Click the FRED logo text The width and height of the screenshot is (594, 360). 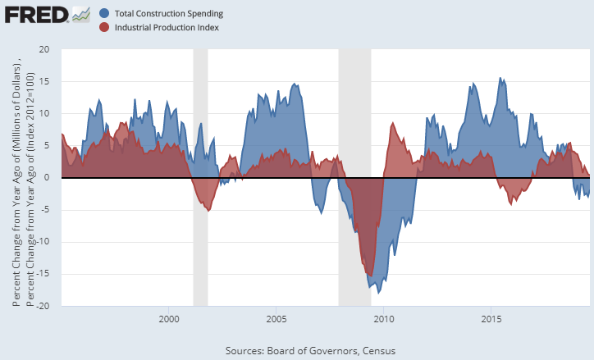click(x=37, y=15)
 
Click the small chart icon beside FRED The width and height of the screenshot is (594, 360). click(x=81, y=15)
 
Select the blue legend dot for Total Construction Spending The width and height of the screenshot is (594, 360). click(x=104, y=13)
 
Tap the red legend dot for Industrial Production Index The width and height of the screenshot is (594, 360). click(x=104, y=27)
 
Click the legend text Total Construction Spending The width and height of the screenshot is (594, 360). click(x=169, y=14)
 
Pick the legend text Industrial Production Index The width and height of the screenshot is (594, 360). click(x=167, y=27)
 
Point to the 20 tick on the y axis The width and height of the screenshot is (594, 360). click(x=44, y=49)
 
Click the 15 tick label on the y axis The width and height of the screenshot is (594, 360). click(x=44, y=81)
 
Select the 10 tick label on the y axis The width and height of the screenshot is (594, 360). click(x=44, y=113)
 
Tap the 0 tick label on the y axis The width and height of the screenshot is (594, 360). click(x=47, y=177)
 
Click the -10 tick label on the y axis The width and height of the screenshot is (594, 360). click(x=43, y=242)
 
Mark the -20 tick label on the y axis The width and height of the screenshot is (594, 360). click(x=43, y=306)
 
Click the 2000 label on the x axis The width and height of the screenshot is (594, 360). click(x=169, y=319)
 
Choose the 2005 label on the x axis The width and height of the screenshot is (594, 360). click(x=276, y=319)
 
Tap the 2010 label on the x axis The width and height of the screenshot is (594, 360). click(x=384, y=319)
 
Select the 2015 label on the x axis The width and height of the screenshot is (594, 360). click(x=491, y=319)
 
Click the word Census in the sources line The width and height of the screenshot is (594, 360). click(x=379, y=351)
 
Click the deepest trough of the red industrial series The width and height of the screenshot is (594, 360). click(x=371, y=276)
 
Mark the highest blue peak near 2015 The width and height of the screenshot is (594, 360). click(x=500, y=78)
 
